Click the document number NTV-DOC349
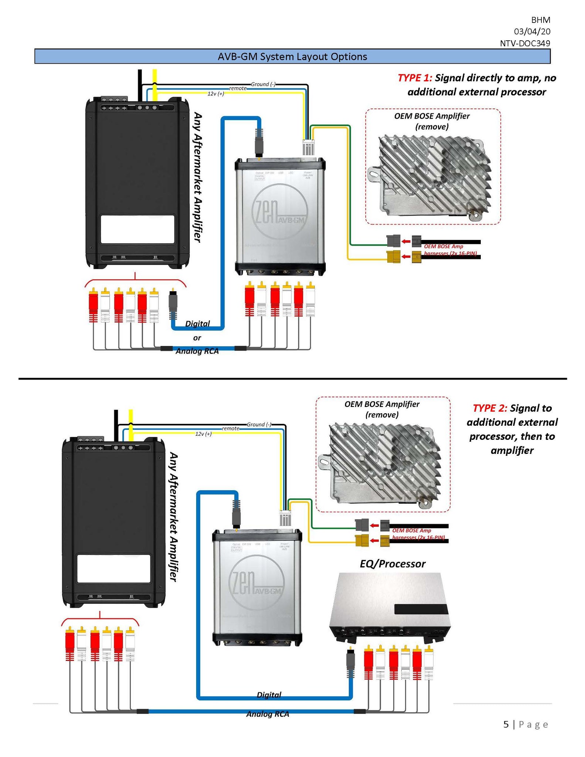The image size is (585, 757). [x=525, y=43]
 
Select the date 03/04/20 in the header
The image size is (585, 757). [x=532, y=31]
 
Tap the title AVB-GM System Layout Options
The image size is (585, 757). [x=292, y=57]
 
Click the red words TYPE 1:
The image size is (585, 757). [x=415, y=78]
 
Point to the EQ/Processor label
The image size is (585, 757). [x=392, y=564]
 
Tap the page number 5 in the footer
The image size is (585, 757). [x=506, y=724]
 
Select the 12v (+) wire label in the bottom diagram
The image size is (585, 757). [x=203, y=434]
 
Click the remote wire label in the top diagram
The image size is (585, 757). [x=238, y=88]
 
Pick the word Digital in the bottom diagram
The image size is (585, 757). [x=269, y=695]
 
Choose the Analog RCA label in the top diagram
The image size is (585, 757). [x=197, y=351]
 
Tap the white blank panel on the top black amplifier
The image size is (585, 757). [x=137, y=229]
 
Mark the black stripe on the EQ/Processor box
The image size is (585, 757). [x=421, y=609]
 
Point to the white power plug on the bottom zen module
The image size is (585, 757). [x=285, y=518]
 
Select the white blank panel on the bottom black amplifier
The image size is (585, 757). [x=113, y=568]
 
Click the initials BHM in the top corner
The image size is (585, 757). [x=541, y=20]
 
